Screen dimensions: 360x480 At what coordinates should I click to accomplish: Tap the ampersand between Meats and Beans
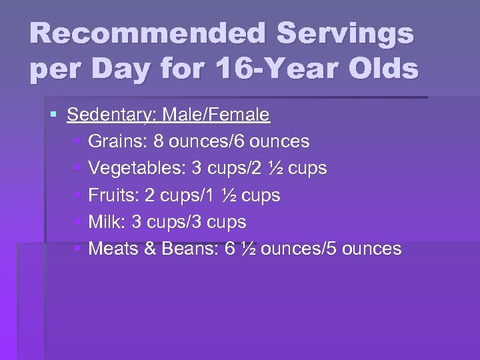(x=151, y=249)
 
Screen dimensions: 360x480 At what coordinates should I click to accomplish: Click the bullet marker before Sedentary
(x=54, y=115)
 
